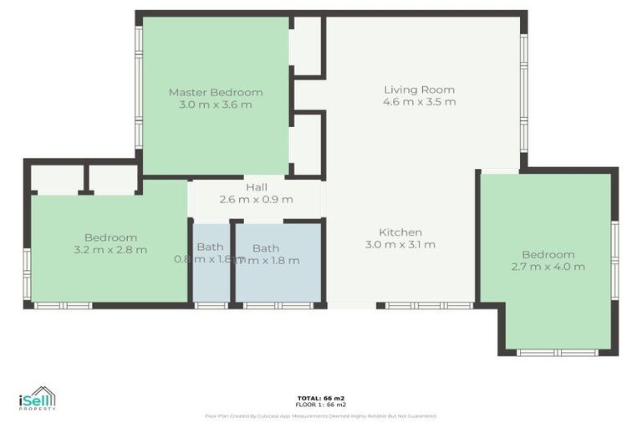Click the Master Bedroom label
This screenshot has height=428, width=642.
[x=216, y=92]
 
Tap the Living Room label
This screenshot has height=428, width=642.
[x=419, y=89]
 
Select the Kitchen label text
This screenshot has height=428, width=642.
[x=400, y=232]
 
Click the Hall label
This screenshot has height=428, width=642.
[x=256, y=187]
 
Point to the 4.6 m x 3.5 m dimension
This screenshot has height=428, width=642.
[x=419, y=102]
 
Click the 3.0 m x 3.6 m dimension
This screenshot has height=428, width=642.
[x=216, y=104]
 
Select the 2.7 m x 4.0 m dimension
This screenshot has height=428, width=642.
[x=548, y=267]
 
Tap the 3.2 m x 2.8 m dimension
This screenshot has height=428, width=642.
[x=110, y=249]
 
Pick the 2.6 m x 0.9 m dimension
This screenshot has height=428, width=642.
[x=256, y=199]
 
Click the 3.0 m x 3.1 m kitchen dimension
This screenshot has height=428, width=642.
[x=400, y=245]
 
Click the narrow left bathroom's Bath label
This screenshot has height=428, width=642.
[x=210, y=247]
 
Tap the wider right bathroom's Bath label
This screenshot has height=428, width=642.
[x=266, y=247]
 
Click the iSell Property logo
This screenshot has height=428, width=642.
[x=38, y=399]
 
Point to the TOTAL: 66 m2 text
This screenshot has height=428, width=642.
[x=320, y=397]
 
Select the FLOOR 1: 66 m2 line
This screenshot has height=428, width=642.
[x=320, y=404]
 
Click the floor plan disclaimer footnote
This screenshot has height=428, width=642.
[x=320, y=415]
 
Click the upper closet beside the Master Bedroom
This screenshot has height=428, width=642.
[x=307, y=46]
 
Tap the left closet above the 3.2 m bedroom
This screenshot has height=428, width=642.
[x=57, y=179]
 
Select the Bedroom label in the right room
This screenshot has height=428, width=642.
[x=548, y=254]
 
